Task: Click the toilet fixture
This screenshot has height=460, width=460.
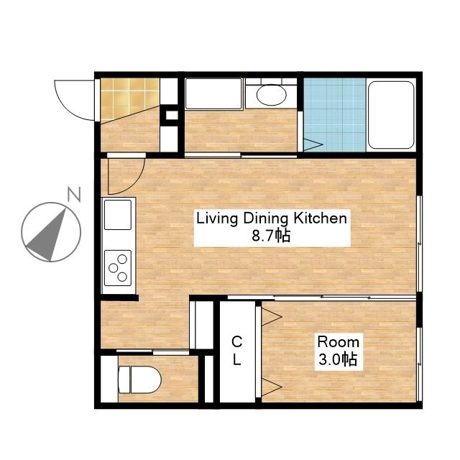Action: [139, 379]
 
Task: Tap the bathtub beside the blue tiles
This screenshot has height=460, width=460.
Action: [391, 115]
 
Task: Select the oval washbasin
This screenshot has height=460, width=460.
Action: [272, 95]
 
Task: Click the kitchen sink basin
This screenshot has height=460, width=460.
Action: [118, 215]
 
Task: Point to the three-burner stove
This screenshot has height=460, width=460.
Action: [118, 268]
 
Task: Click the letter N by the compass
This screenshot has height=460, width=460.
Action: [74, 194]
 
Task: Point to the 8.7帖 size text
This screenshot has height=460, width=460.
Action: [272, 235]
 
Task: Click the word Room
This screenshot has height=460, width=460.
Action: [339, 342]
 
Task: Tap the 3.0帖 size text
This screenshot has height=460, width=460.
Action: [338, 359]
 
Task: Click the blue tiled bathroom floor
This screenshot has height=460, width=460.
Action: [335, 115]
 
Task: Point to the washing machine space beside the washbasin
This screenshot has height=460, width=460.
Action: [213, 94]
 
